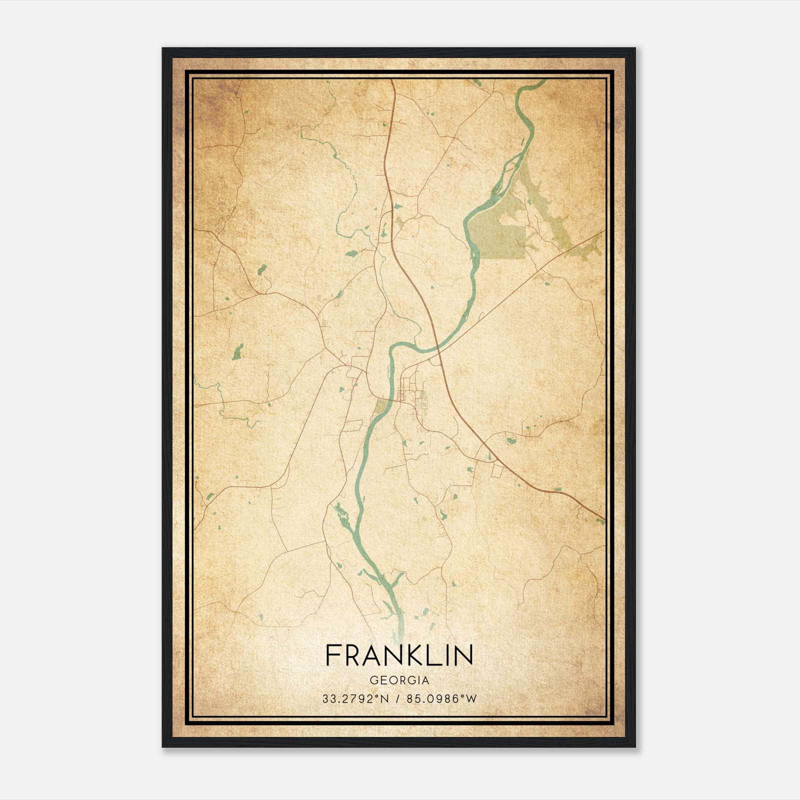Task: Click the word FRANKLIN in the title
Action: [x=399, y=655]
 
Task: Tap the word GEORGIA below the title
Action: [x=399, y=680]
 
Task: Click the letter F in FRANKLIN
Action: [x=333, y=655]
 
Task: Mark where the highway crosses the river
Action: [x=436, y=346]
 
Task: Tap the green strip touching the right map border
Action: [x=592, y=245]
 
